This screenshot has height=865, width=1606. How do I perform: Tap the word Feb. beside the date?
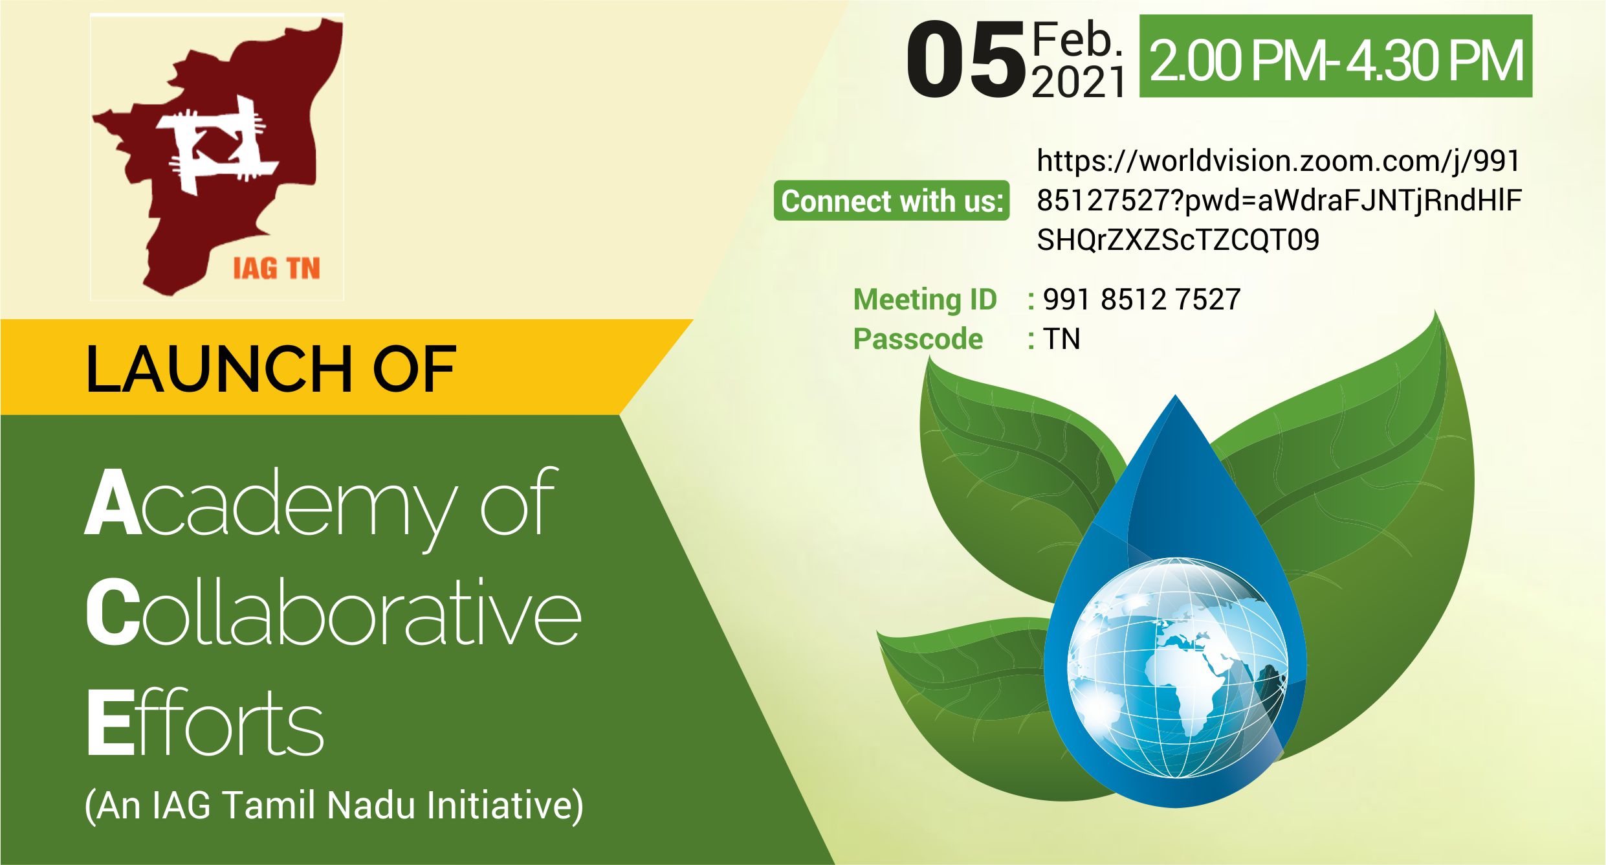click(1077, 39)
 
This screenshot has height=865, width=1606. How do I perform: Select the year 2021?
click(1079, 82)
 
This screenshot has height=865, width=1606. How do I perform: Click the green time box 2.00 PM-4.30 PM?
click(1336, 56)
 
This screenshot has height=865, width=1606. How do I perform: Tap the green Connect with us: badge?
click(892, 201)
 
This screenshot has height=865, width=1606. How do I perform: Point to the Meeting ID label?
click(925, 299)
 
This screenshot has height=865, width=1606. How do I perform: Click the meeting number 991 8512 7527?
click(1141, 299)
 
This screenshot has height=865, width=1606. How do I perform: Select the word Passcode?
click(918, 339)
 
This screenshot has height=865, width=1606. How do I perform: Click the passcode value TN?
click(1061, 339)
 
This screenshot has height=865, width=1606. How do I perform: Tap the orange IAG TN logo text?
click(277, 269)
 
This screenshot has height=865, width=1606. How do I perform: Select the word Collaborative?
click(333, 612)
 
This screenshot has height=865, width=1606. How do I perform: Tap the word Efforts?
click(204, 721)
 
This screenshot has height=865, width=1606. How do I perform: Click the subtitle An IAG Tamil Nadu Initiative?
click(334, 806)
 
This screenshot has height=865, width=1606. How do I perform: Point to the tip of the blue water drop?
click(1176, 396)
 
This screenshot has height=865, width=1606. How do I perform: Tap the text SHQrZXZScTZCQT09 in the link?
click(1178, 240)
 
